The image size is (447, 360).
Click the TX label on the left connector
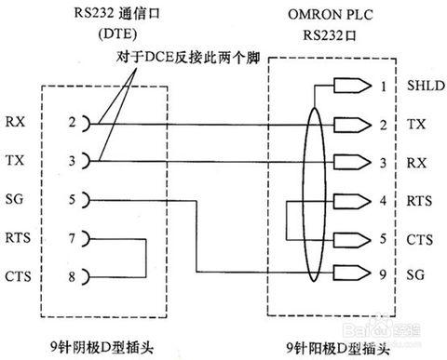coord(15,160)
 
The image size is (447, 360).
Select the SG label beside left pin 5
coord(15,199)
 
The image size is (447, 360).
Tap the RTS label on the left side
coord(18,238)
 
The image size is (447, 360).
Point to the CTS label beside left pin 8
coord(18,276)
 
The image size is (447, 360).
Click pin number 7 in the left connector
coord(71,238)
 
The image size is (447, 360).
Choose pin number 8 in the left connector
coord(71,276)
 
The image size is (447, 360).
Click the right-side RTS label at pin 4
coord(418,198)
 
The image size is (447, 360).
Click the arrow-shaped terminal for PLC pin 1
coord(350,86)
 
